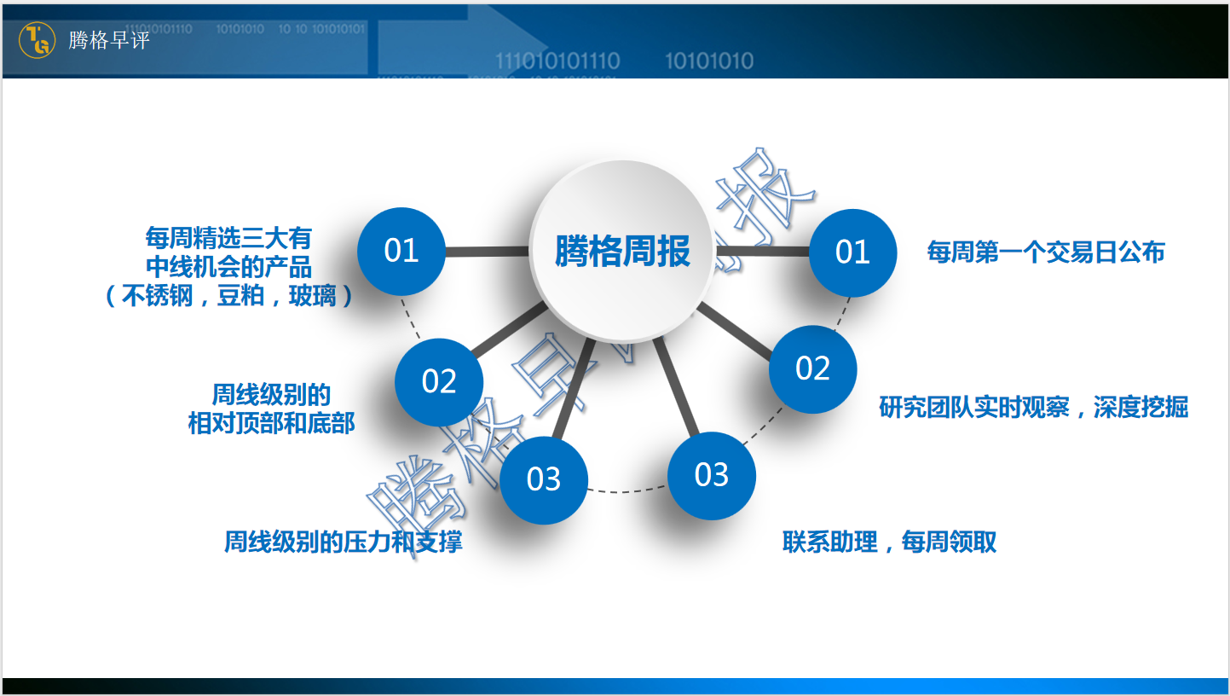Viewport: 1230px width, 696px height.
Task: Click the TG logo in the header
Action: (37, 40)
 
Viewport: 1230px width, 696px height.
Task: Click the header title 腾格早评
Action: (108, 40)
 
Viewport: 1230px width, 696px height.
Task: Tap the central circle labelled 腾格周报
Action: (621, 251)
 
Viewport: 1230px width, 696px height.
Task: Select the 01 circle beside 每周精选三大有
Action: (401, 252)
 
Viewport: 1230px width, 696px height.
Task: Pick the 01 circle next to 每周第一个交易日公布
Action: (852, 252)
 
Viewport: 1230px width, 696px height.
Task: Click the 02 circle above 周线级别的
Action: (439, 381)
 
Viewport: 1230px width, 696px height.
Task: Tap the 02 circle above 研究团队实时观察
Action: (812, 368)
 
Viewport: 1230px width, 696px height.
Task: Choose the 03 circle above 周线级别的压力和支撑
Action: (543, 478)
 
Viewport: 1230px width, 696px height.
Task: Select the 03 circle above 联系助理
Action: (711, 475)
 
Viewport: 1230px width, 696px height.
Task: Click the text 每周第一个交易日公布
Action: (1045, 252)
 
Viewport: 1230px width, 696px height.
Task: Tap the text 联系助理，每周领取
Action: (889, 542)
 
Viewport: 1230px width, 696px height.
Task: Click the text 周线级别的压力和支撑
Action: (344, 542)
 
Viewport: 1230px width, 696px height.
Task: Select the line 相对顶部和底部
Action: (271, 424)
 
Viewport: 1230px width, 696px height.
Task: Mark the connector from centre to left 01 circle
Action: (487, 252)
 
